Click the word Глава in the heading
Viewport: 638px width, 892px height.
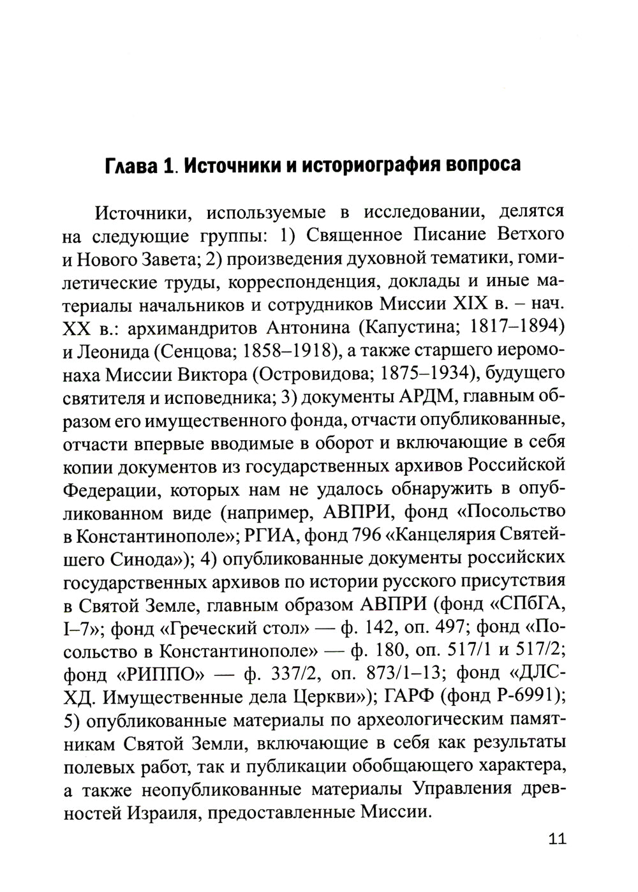pos(132,166)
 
